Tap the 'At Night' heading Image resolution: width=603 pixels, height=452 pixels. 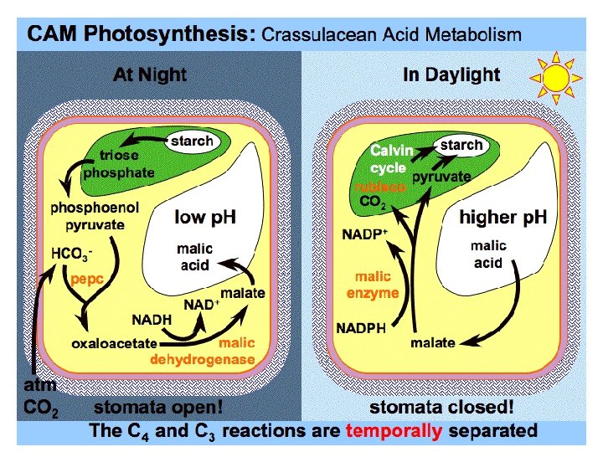(x=150, y=74)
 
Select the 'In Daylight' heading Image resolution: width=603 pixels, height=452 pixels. (x=451, y=74)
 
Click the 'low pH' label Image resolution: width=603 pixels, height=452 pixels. (x=205, y=218)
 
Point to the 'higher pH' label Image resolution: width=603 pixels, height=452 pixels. (x=502, y=218)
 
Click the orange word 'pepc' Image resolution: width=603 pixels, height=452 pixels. (x=86, y=281)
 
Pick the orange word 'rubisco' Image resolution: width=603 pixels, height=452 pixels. (x=380, y=187)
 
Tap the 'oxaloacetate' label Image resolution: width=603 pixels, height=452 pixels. (x=114, y=343)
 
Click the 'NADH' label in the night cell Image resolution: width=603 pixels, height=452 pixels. (x=151, y=319)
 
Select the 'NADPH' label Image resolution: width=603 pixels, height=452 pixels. (x=361, y=328)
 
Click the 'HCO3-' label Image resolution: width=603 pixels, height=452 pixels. (x=72, y=252)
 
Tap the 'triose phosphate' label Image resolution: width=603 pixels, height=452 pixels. (x=126, y=164)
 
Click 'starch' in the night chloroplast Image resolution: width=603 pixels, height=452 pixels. (x=192, y=141)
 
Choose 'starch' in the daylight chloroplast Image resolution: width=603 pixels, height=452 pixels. (x=461, y=145)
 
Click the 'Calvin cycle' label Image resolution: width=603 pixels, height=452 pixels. (x=392, y=159)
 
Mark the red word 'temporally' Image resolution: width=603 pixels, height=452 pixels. (x=393, y=431)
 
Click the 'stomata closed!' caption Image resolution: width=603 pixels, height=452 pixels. (x=441, y=408)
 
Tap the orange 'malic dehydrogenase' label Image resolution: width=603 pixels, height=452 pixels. (x=203, y=352)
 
